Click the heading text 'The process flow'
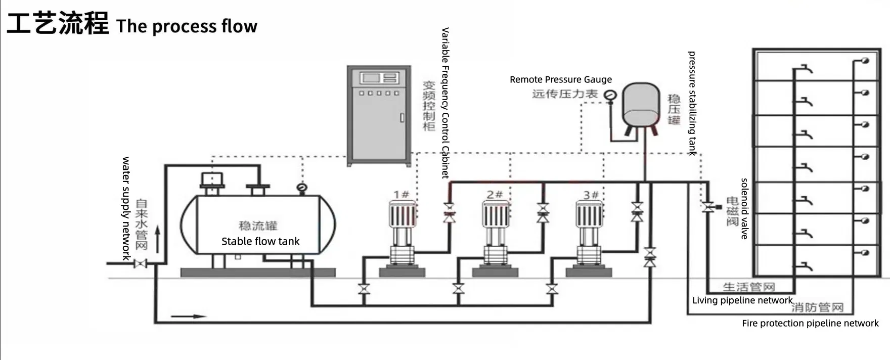187,26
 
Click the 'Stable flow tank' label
260,241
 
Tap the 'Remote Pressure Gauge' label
561,79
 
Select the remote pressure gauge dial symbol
610,95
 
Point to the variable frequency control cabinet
379,115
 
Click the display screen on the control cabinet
371,78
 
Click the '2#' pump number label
495,194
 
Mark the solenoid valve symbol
708,207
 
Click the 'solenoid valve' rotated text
744,208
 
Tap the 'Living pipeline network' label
742,300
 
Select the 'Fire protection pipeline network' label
810,323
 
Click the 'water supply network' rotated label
126,208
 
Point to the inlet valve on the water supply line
140,263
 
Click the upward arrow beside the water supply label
158,240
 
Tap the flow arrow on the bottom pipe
189,317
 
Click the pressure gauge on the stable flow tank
302,188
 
